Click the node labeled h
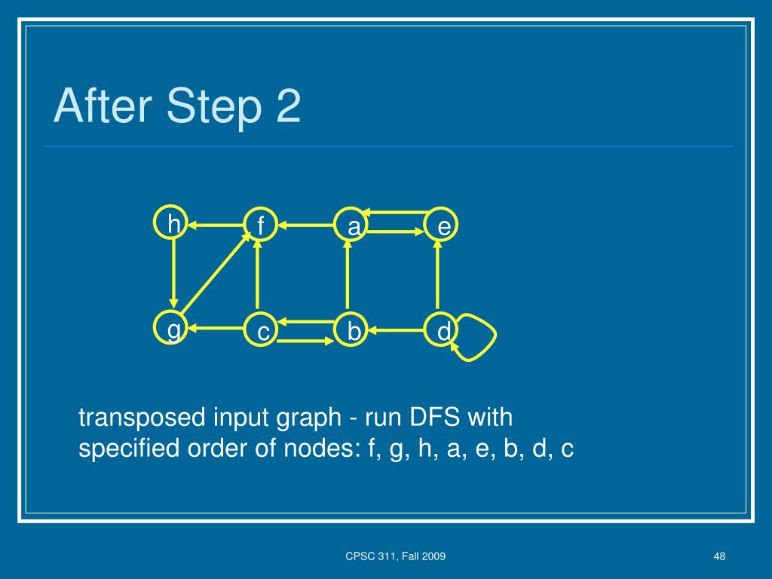coord(174,223)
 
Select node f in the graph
coord(259,225)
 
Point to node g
coord(173,329)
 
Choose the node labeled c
coord(263,331)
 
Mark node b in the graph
coord(352,331)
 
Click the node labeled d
coord(443,331)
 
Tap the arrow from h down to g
coord(174,276)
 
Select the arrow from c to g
coord(218,329)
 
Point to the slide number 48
coord(718,556)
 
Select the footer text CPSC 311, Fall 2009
coord(395,556)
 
